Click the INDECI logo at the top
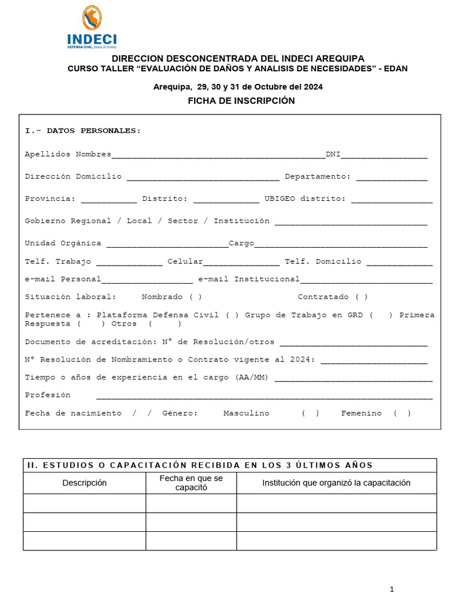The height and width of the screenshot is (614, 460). pos(92,27)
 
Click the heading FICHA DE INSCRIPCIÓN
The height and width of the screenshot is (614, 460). pos(241,101)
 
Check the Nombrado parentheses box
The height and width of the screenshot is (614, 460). pos(195,297)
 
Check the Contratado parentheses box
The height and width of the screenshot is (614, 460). pos(361,297)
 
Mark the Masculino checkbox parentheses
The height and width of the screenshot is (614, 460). pos(310,414)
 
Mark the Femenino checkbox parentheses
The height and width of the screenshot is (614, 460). pos(402,414)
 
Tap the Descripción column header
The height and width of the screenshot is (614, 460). pos(84,483)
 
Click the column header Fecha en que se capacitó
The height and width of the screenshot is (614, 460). pos(191,483)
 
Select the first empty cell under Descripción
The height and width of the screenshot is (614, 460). pos(84,503)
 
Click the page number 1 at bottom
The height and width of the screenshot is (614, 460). pos(392,590)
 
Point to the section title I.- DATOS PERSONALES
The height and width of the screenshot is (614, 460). pos(83,131)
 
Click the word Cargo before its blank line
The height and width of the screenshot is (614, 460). pos(241,243)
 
